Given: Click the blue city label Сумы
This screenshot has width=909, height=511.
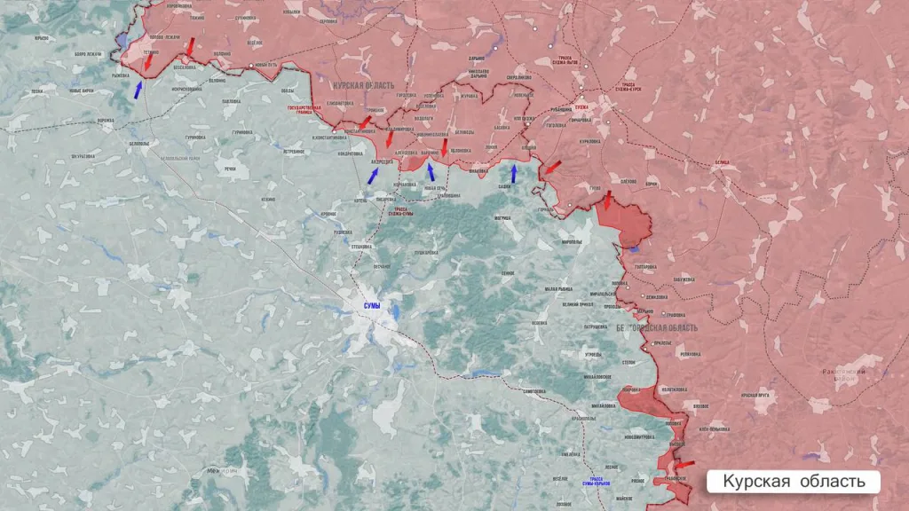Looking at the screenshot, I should coord(372,305).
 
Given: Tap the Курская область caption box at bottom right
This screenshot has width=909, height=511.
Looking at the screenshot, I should coord(793,481).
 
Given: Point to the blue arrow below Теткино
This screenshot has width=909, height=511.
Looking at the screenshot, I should coord(138,89).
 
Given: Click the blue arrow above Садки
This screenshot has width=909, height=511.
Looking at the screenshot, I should coord(513,171).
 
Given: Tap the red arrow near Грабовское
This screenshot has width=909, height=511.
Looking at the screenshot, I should coord(684,463).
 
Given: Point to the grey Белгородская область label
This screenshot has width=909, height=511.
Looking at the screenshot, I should coord(657,327).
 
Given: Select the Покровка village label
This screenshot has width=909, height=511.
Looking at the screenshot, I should coord(629,389).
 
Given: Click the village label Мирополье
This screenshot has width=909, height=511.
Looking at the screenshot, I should coord(572,241).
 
